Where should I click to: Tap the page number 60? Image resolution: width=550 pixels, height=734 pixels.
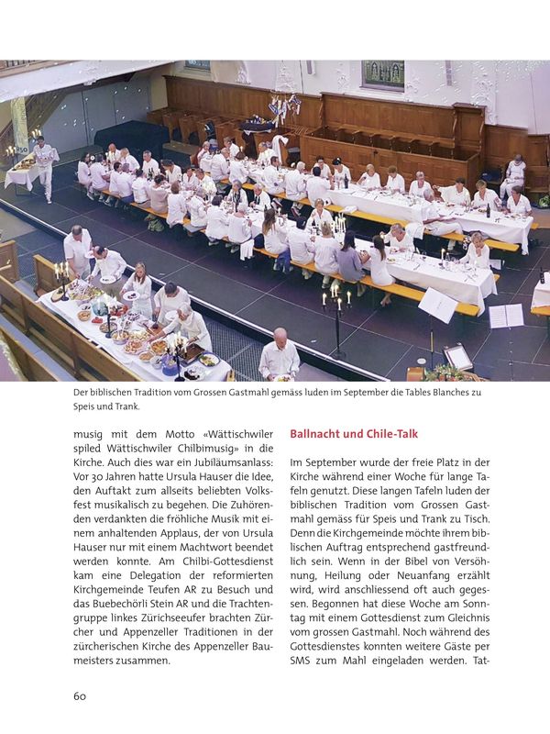(x=80, y=695)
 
